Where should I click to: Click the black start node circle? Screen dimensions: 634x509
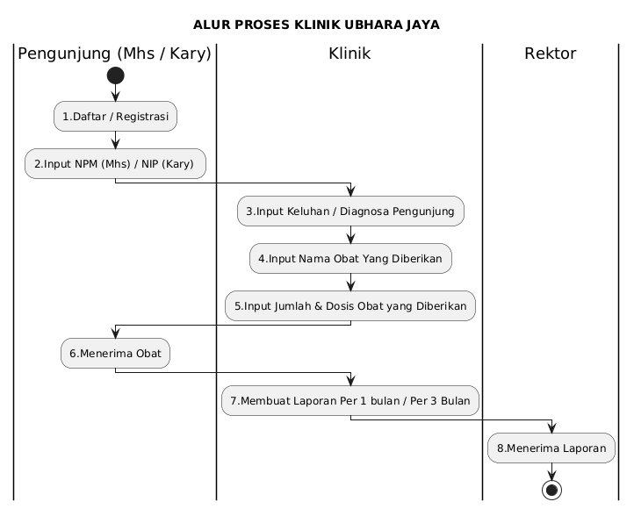pos(116,75)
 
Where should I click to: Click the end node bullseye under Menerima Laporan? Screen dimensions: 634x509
pos(551,490)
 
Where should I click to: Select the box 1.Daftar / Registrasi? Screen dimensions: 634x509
pos(115,117)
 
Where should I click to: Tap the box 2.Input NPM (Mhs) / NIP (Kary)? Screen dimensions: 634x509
pos(115,163)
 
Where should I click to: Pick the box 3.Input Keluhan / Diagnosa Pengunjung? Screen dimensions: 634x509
pos(350,211)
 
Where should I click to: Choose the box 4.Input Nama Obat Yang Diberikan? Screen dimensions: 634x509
pos(350,259)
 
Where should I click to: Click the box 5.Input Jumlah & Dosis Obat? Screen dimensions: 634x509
pos(350,305)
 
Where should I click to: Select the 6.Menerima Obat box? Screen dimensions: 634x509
pos(115,353)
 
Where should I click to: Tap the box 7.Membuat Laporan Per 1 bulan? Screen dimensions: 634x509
pos(350,401)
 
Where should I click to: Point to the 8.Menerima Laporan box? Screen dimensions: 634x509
pos(551,448)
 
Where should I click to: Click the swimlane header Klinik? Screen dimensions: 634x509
pos(349,54)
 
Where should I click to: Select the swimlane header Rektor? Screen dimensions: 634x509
pos(551,54)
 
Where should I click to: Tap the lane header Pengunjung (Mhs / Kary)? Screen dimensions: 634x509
pos(114,54)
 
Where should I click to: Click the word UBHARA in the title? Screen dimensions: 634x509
pos(373,25)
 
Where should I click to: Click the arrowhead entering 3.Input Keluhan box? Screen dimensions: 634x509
pos(351,191)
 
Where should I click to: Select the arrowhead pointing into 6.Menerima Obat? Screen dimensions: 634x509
pos(116,333)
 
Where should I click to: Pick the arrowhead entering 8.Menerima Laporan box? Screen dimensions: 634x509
pos(551,428)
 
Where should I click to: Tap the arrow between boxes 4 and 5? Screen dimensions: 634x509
pos(351,282)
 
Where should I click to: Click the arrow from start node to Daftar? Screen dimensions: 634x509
pos(116,92)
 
